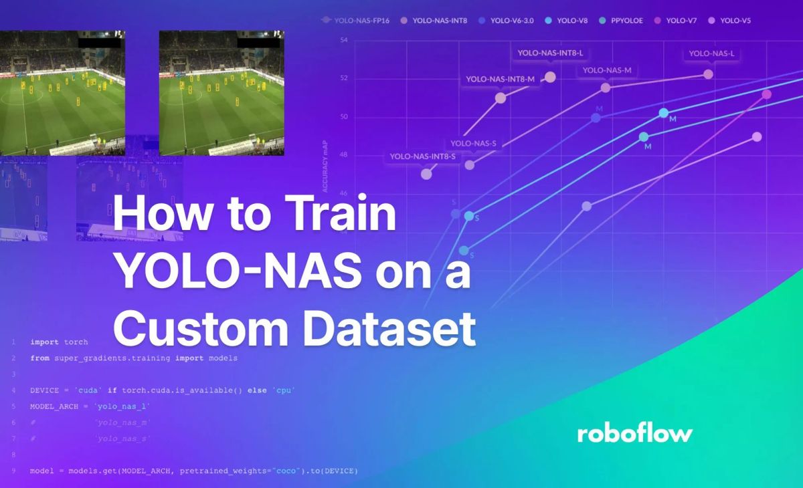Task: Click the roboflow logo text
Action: point(634,433)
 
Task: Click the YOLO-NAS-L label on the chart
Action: point(711,53)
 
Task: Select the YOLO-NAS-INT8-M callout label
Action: point(500,79)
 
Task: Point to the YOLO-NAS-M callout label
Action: point(607,70)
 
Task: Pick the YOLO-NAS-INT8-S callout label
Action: point(422,156)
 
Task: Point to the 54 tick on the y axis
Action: point(344,41)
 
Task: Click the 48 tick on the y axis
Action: point(344,156)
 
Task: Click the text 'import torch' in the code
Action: point(59,342)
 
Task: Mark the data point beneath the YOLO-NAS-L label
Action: point(708,74)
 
